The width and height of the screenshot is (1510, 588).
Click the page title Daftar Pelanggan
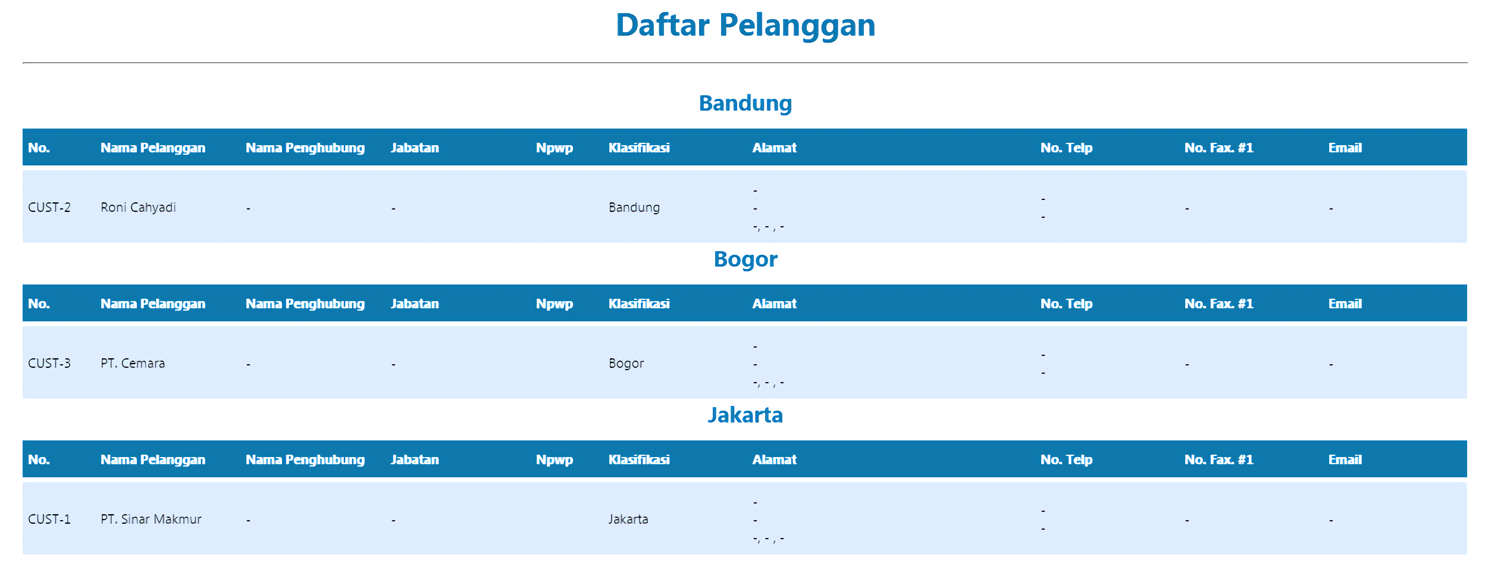point(745,26)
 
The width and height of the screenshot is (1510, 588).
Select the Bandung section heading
point(745,104)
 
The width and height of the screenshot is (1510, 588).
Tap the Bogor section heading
point(745,259)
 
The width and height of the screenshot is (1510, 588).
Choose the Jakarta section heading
point(745,415)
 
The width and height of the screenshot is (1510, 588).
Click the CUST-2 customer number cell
point(49,207)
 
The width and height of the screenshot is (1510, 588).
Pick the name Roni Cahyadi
point(138,207)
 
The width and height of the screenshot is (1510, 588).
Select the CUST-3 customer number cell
point(49,363)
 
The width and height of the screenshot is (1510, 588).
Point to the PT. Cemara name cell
point(133,363)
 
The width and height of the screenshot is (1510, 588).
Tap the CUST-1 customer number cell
point(49,519)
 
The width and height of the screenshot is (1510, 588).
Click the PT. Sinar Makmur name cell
point(151,519)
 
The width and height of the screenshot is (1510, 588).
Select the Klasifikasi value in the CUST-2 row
point(634,207)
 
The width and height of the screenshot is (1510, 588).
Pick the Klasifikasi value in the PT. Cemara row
point(626,363)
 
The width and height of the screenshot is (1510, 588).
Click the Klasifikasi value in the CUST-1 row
point(628,519)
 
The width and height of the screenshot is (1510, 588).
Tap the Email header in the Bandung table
point(1345,148)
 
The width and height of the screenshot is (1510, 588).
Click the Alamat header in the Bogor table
point(774,304)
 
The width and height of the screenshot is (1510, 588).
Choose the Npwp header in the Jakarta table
point(554,460)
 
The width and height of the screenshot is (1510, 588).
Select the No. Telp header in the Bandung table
point(1066,148)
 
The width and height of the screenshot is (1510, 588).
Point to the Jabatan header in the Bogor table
point(415,304)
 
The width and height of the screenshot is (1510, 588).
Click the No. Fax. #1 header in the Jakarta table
point(1218,459)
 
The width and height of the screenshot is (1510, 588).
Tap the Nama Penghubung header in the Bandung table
point(305,148)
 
